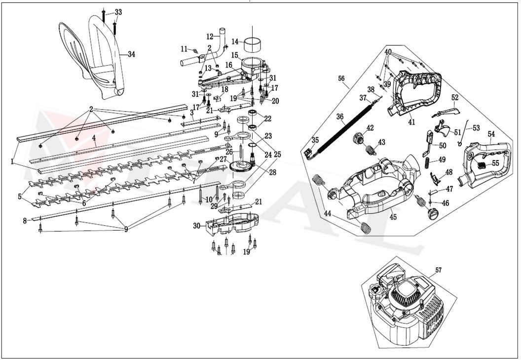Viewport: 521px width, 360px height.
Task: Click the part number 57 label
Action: coord(438,270)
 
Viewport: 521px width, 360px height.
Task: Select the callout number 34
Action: coord(131,54)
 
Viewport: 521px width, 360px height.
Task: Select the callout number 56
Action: coord(341,79)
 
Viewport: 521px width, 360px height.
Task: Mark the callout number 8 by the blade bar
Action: coord(25,221)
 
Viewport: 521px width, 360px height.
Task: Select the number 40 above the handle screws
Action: coord(388,51)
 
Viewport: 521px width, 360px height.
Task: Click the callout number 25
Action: coord(278,155)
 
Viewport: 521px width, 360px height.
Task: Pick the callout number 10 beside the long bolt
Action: coord(209,200)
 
